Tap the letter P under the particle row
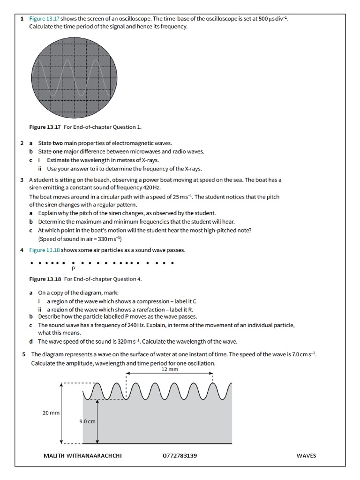pyautogui.click(x=74, y=269)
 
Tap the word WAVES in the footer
pyautogui.click(x=306, y=456)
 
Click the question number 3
pyautogui.click(x=22, y=180)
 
